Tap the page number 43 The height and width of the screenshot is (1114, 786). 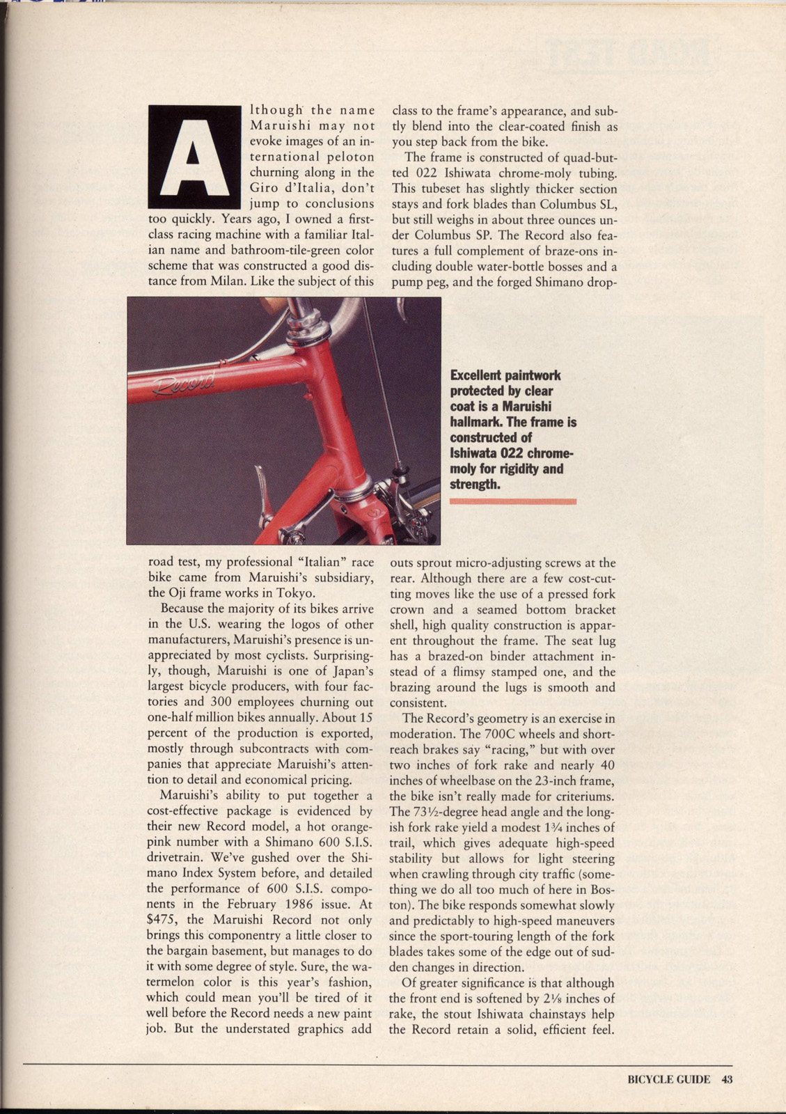tap(727, 1080)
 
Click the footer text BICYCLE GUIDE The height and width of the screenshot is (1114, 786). tap(669, 1080)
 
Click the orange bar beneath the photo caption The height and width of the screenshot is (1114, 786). tap(513, 501)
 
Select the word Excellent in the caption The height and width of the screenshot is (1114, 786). tap(478, 376)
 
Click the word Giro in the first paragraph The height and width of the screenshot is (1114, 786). tap(264, 188)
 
